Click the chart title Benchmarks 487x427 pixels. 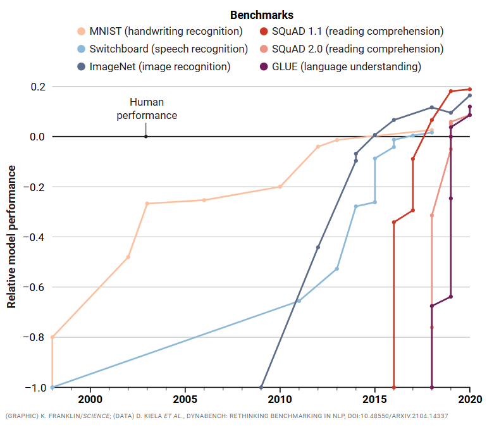coord(261,15)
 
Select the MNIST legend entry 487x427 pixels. coord(160,31)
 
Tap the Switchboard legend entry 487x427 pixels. coord(163,49)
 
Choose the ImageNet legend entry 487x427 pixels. coord(154,66)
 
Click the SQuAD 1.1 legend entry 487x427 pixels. coord(352,31)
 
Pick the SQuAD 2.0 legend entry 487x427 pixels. coord(352,49)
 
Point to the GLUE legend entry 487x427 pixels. coord(340,66)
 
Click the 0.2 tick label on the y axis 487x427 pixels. coord(38,87)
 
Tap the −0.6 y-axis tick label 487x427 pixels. coord(35,287)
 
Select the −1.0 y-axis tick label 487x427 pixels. coord(35,388)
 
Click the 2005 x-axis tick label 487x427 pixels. coord(185,399)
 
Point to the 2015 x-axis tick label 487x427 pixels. coord(375,399)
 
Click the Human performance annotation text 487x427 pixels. coord(147,109)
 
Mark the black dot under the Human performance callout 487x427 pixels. coord(146,137)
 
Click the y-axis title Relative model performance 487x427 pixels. coord(11,237)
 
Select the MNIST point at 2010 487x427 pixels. coord(280,187)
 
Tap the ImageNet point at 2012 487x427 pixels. coord(317,247)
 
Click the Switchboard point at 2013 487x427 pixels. coord(337,269)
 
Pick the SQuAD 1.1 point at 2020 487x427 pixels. coord(469,89)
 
